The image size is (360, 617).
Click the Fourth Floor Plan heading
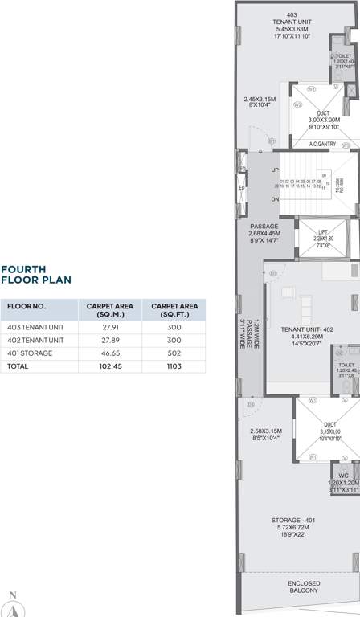click(36, 275)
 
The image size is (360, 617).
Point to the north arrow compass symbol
click(12, 601)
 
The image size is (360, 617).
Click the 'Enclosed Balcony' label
click(304, 586)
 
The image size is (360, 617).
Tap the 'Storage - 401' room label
click(292, 521)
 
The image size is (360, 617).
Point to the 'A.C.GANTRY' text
click(322, 144)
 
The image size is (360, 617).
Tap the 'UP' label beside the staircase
click(276, 170)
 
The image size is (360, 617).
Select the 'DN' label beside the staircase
click(276, 199)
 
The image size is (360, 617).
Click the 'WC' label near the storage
click(343, 475)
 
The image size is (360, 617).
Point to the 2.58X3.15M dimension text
click(267, 430)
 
